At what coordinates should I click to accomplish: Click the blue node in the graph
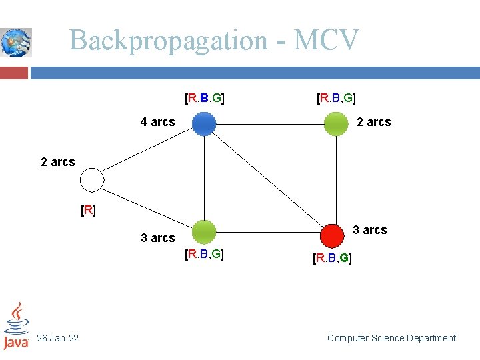click(x=204, y=123)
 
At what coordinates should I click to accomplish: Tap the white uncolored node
click(x=92, y=180)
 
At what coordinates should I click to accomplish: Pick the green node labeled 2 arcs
click(x=336, y=123)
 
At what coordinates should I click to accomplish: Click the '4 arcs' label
click(x=157, y=122)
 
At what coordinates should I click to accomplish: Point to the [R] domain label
click(x=88, y=211)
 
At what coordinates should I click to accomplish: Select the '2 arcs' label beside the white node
click(x=58, y=162)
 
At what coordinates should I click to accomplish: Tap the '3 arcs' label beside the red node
click(x=369, y=230)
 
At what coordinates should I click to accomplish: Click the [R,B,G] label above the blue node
click(x=204, y=99)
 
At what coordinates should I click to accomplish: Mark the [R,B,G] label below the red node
click(x=332, y=257)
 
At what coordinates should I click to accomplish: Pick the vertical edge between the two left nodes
click(x=204, y=178)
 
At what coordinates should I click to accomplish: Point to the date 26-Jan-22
click(x=57, y=339)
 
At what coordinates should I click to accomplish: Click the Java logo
click(x=16, y=326)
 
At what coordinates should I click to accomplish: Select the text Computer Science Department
click(x=391, y=339)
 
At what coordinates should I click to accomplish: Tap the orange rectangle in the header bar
click(x=14, y=72)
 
